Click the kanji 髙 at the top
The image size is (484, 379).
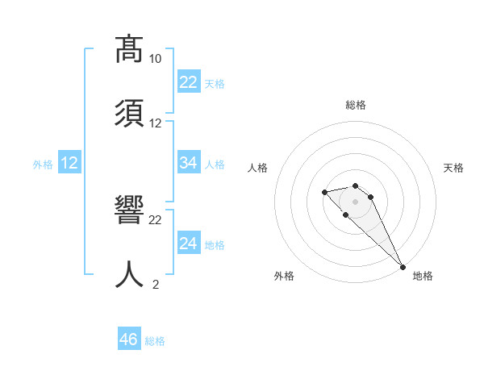[x=129, y=50]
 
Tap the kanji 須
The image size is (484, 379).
[x=129, y=112]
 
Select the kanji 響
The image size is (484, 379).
[x=129, y=211]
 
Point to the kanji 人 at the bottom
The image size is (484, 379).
[x=129, y=273]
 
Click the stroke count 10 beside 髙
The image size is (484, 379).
[x=156, y=59]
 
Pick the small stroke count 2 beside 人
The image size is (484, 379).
[x=156, y=284]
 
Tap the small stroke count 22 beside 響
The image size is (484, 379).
[x=156, y=219]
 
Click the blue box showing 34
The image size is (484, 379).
[x=188, y=163]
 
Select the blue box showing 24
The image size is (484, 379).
[x=188, y=244]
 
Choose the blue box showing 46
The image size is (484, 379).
[x=129, y=339]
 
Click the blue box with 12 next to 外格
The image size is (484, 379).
[x=69, y=163]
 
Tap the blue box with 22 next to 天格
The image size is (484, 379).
[x=188, y=82]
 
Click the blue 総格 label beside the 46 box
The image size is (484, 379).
[x=155, y=341]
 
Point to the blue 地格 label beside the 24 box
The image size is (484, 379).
[x=215, y=245]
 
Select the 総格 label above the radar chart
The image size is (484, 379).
[x=356, y=105]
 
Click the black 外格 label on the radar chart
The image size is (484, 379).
[x=284, y=276]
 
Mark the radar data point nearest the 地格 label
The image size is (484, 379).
[x=403, y=266]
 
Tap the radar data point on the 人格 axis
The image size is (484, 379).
[x=324, y=192]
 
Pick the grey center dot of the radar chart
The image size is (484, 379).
[x=356, y=201]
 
